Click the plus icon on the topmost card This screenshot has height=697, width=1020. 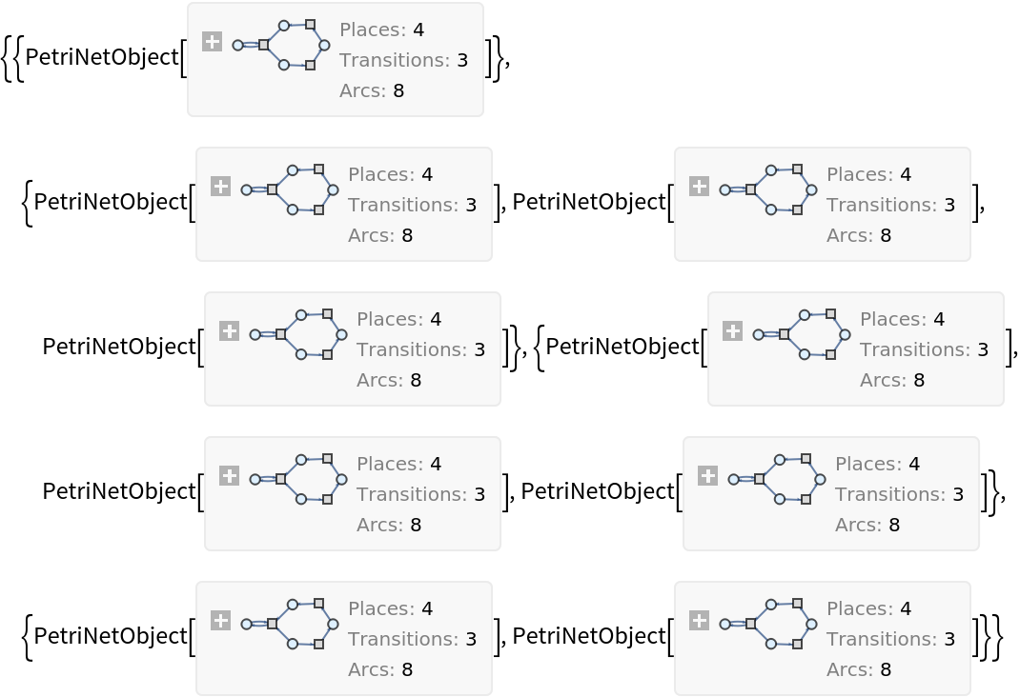click(212, 42)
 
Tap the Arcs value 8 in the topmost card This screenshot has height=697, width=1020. click(398, 91)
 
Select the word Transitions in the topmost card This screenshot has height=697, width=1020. click(394, 61)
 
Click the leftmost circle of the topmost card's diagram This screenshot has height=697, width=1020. click(238, 45)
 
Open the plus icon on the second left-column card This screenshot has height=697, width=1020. click(220, 187)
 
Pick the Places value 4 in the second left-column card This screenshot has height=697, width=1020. click(427, 175)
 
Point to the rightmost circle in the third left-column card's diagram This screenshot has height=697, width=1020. click(341, 335)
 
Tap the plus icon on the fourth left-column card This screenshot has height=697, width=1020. click(229, 476)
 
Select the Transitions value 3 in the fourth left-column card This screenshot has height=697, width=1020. click(479, 495)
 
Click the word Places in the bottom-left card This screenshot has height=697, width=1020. click(379, 609)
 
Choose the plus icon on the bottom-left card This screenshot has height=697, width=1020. click(220, 621)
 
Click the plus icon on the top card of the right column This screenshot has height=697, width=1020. click(699, 187)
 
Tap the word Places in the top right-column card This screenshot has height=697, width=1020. click(858, 175)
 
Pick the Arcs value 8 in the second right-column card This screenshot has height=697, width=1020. click(919, 381)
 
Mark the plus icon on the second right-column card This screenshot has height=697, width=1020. click(732, 331)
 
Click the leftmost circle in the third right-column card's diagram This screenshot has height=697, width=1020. click(734, 479)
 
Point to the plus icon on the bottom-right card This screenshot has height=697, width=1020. click(699, 621)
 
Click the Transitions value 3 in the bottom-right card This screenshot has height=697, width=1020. click(949, 640)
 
